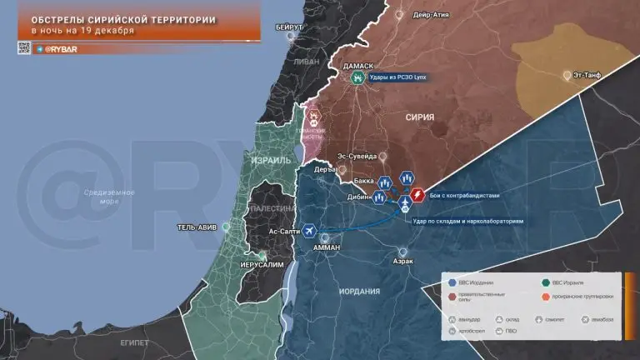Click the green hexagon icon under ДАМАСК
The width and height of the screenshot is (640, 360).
(357, 78)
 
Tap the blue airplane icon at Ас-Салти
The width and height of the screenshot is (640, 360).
(309, 229)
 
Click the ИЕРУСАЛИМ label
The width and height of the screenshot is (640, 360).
(261, 264)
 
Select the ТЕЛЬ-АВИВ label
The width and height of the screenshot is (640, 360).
(197, 227)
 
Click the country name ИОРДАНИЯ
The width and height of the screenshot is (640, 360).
(360, 291)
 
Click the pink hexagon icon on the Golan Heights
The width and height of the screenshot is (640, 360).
(315, 117)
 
